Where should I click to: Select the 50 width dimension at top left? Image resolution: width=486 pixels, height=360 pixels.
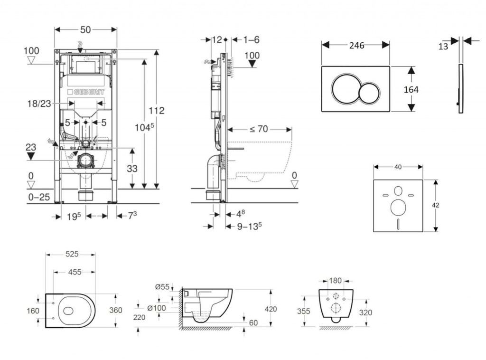[85, 29]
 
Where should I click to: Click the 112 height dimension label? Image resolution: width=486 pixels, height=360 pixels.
[156, 111]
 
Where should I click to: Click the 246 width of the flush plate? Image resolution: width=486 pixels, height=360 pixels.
[356, 46]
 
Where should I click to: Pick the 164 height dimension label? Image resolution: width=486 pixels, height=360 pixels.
[411, 89]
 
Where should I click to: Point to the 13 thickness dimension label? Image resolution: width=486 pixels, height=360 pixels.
[443, 46]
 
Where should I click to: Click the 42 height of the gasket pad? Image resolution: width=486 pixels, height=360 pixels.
[436, 205]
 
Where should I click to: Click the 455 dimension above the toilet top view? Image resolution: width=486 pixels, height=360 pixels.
[74, 272]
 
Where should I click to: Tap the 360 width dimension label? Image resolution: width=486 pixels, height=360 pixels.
[116, 310]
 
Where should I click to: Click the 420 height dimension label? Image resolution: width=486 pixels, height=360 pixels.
[271, 309]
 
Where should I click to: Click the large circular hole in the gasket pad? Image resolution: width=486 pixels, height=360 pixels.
[398, 208]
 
